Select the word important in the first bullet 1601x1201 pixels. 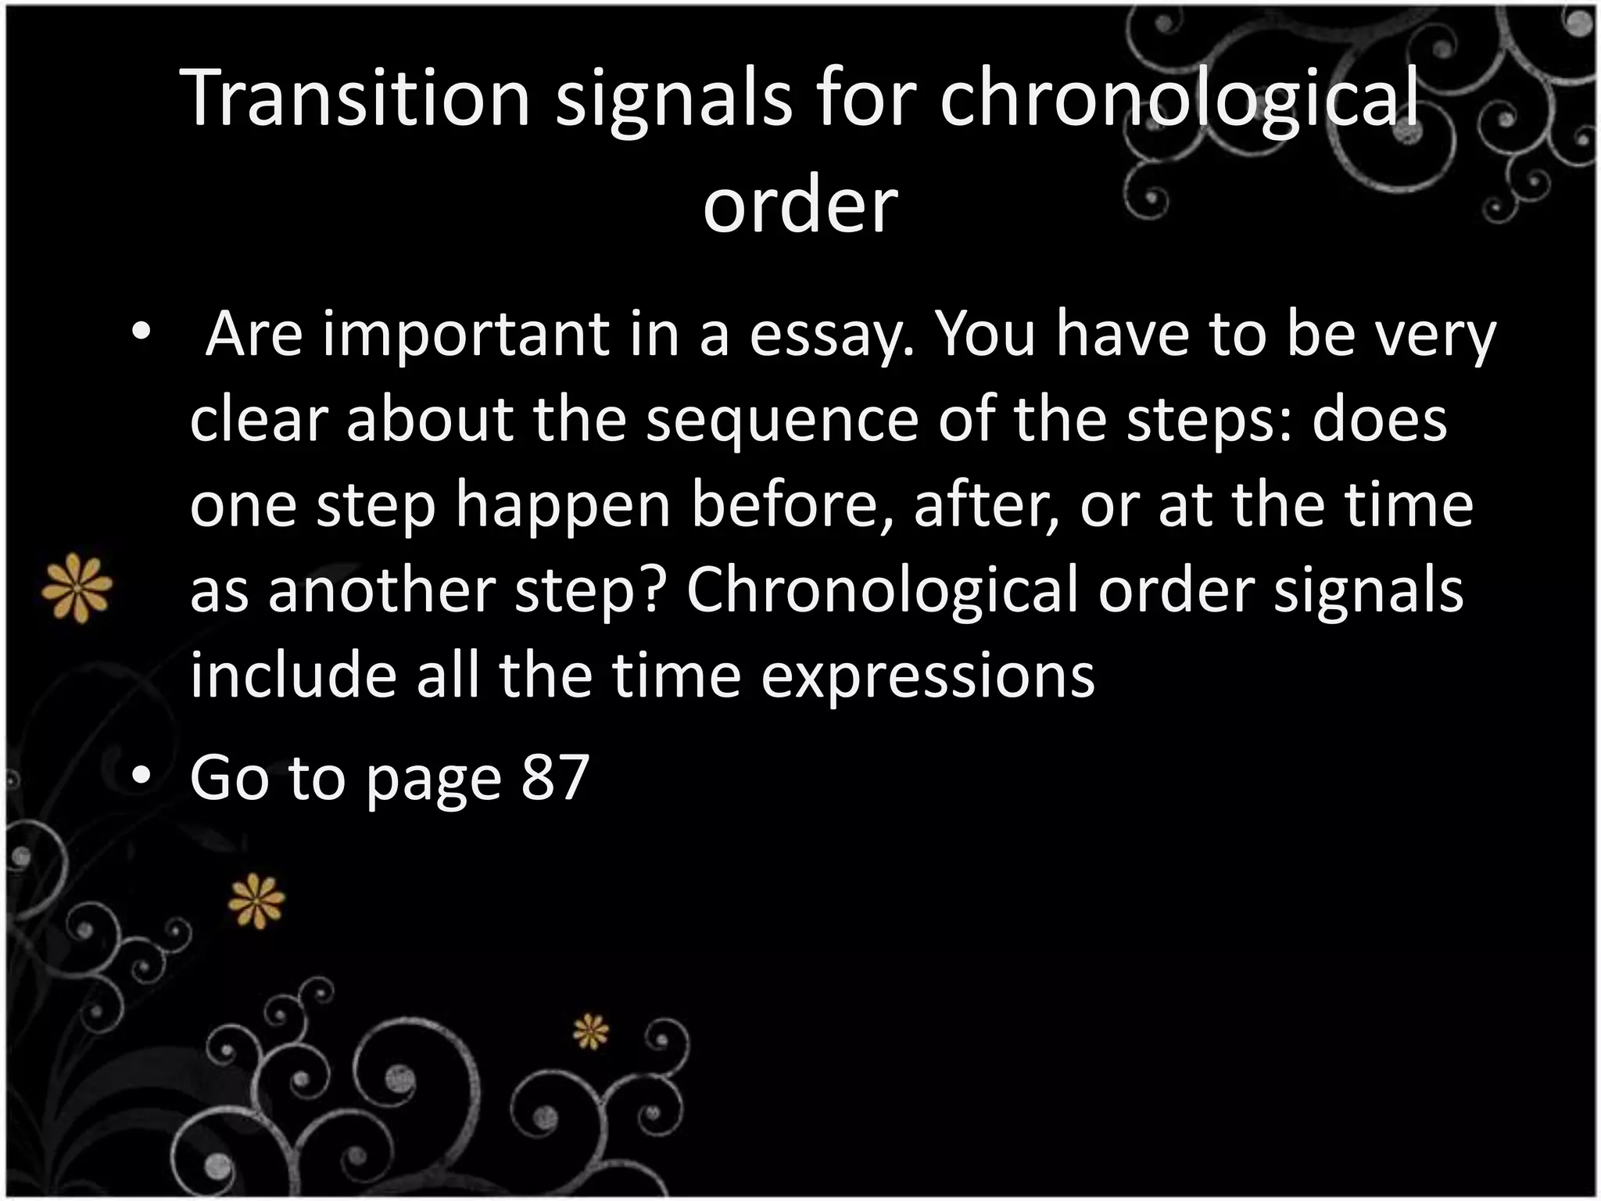(464, 335)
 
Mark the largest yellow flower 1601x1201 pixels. (77, 587)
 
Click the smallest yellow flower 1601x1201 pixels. (590, 1031)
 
